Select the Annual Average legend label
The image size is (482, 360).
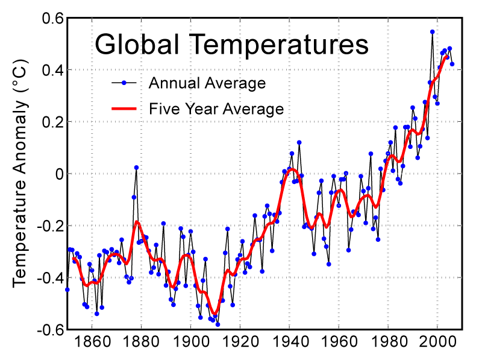(207, 83)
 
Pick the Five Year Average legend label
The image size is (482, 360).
(216, 109)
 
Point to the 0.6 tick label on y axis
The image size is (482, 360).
(52, 18)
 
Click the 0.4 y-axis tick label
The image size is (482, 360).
(52, 70)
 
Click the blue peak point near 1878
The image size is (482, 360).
(136, 167)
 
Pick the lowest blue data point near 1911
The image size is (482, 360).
(218, 324)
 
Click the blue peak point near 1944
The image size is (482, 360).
(299, 142)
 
